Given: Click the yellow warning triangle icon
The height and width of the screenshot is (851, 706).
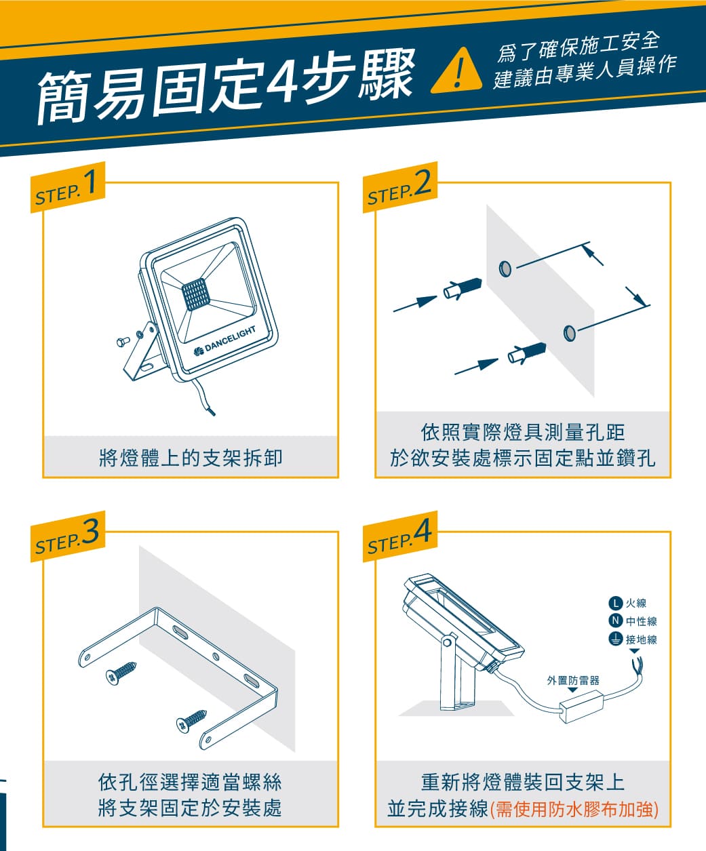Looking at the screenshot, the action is click(456, 72).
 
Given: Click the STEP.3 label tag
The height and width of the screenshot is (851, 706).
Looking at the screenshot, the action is click(68, 536).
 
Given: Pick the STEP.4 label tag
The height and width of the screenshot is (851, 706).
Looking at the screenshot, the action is click(400, 536).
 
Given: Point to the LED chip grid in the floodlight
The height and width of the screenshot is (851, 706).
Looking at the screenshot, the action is click(195, 294).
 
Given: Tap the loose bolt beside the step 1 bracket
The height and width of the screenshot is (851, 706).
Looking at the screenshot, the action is click(123, 342).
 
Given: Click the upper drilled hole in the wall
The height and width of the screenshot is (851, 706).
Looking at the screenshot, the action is click(505, 269).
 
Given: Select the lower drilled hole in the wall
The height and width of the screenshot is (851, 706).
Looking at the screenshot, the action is click(570, 333).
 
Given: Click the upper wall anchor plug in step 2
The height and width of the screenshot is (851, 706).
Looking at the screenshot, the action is click(463, 289).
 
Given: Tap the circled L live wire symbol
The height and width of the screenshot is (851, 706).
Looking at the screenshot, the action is click(615, 602).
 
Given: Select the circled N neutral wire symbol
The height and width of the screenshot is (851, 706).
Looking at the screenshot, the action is click(615, 620).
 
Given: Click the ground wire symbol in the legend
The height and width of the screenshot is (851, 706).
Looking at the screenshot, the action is click(615, 639).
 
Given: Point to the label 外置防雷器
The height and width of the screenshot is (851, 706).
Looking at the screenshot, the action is click(573, 680).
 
